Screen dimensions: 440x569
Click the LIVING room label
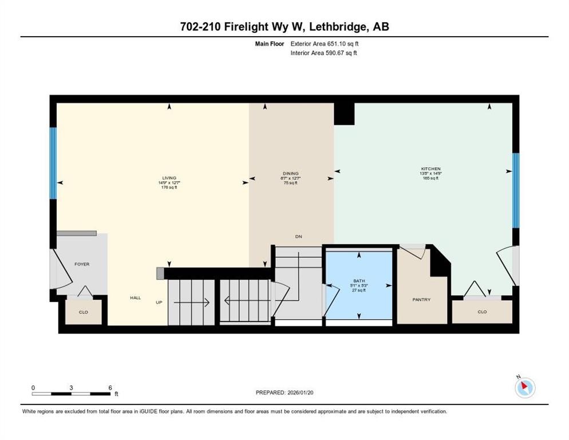click(168, 178)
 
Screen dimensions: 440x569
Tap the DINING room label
click(291, 174)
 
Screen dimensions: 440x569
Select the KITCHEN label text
click(430, 169)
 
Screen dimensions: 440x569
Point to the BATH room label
click(359, 281)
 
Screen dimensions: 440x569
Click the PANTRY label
click(421, 300)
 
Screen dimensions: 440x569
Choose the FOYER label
click(82, 264)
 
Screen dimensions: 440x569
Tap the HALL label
click(135, 297)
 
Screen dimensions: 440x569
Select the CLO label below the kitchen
click(481, 312)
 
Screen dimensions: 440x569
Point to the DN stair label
click(298, 237)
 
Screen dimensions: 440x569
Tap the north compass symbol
click(524, 387)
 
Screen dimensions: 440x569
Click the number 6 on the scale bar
click(110, 388)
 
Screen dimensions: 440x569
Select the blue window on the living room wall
click(53, 163)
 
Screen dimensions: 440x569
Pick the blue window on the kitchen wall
click(515, 190)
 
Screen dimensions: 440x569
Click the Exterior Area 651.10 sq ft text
click(325, 43)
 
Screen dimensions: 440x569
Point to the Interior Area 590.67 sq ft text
click(324, 53)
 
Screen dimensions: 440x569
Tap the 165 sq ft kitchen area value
click(430, 178)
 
